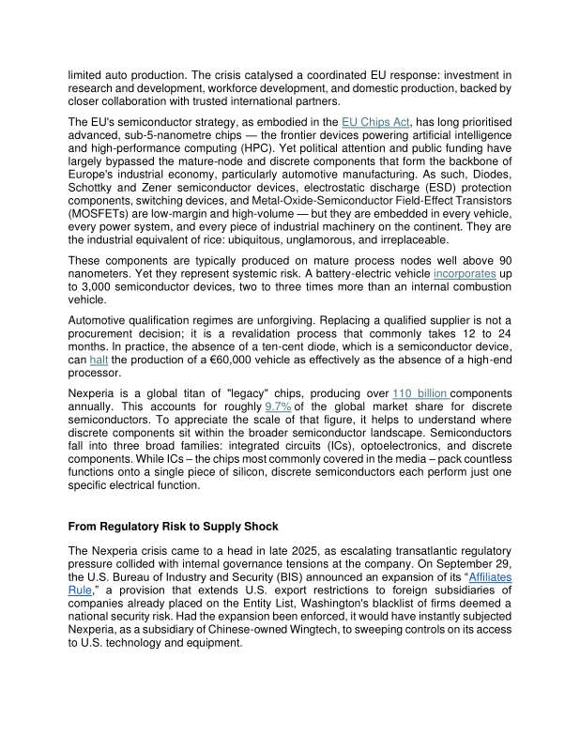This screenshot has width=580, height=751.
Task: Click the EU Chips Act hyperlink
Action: tap(374, 122)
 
